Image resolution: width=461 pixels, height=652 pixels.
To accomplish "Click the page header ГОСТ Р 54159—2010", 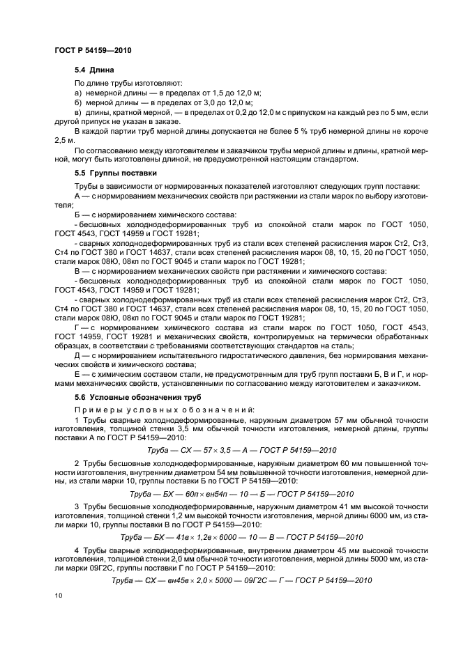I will click(93, 51).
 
